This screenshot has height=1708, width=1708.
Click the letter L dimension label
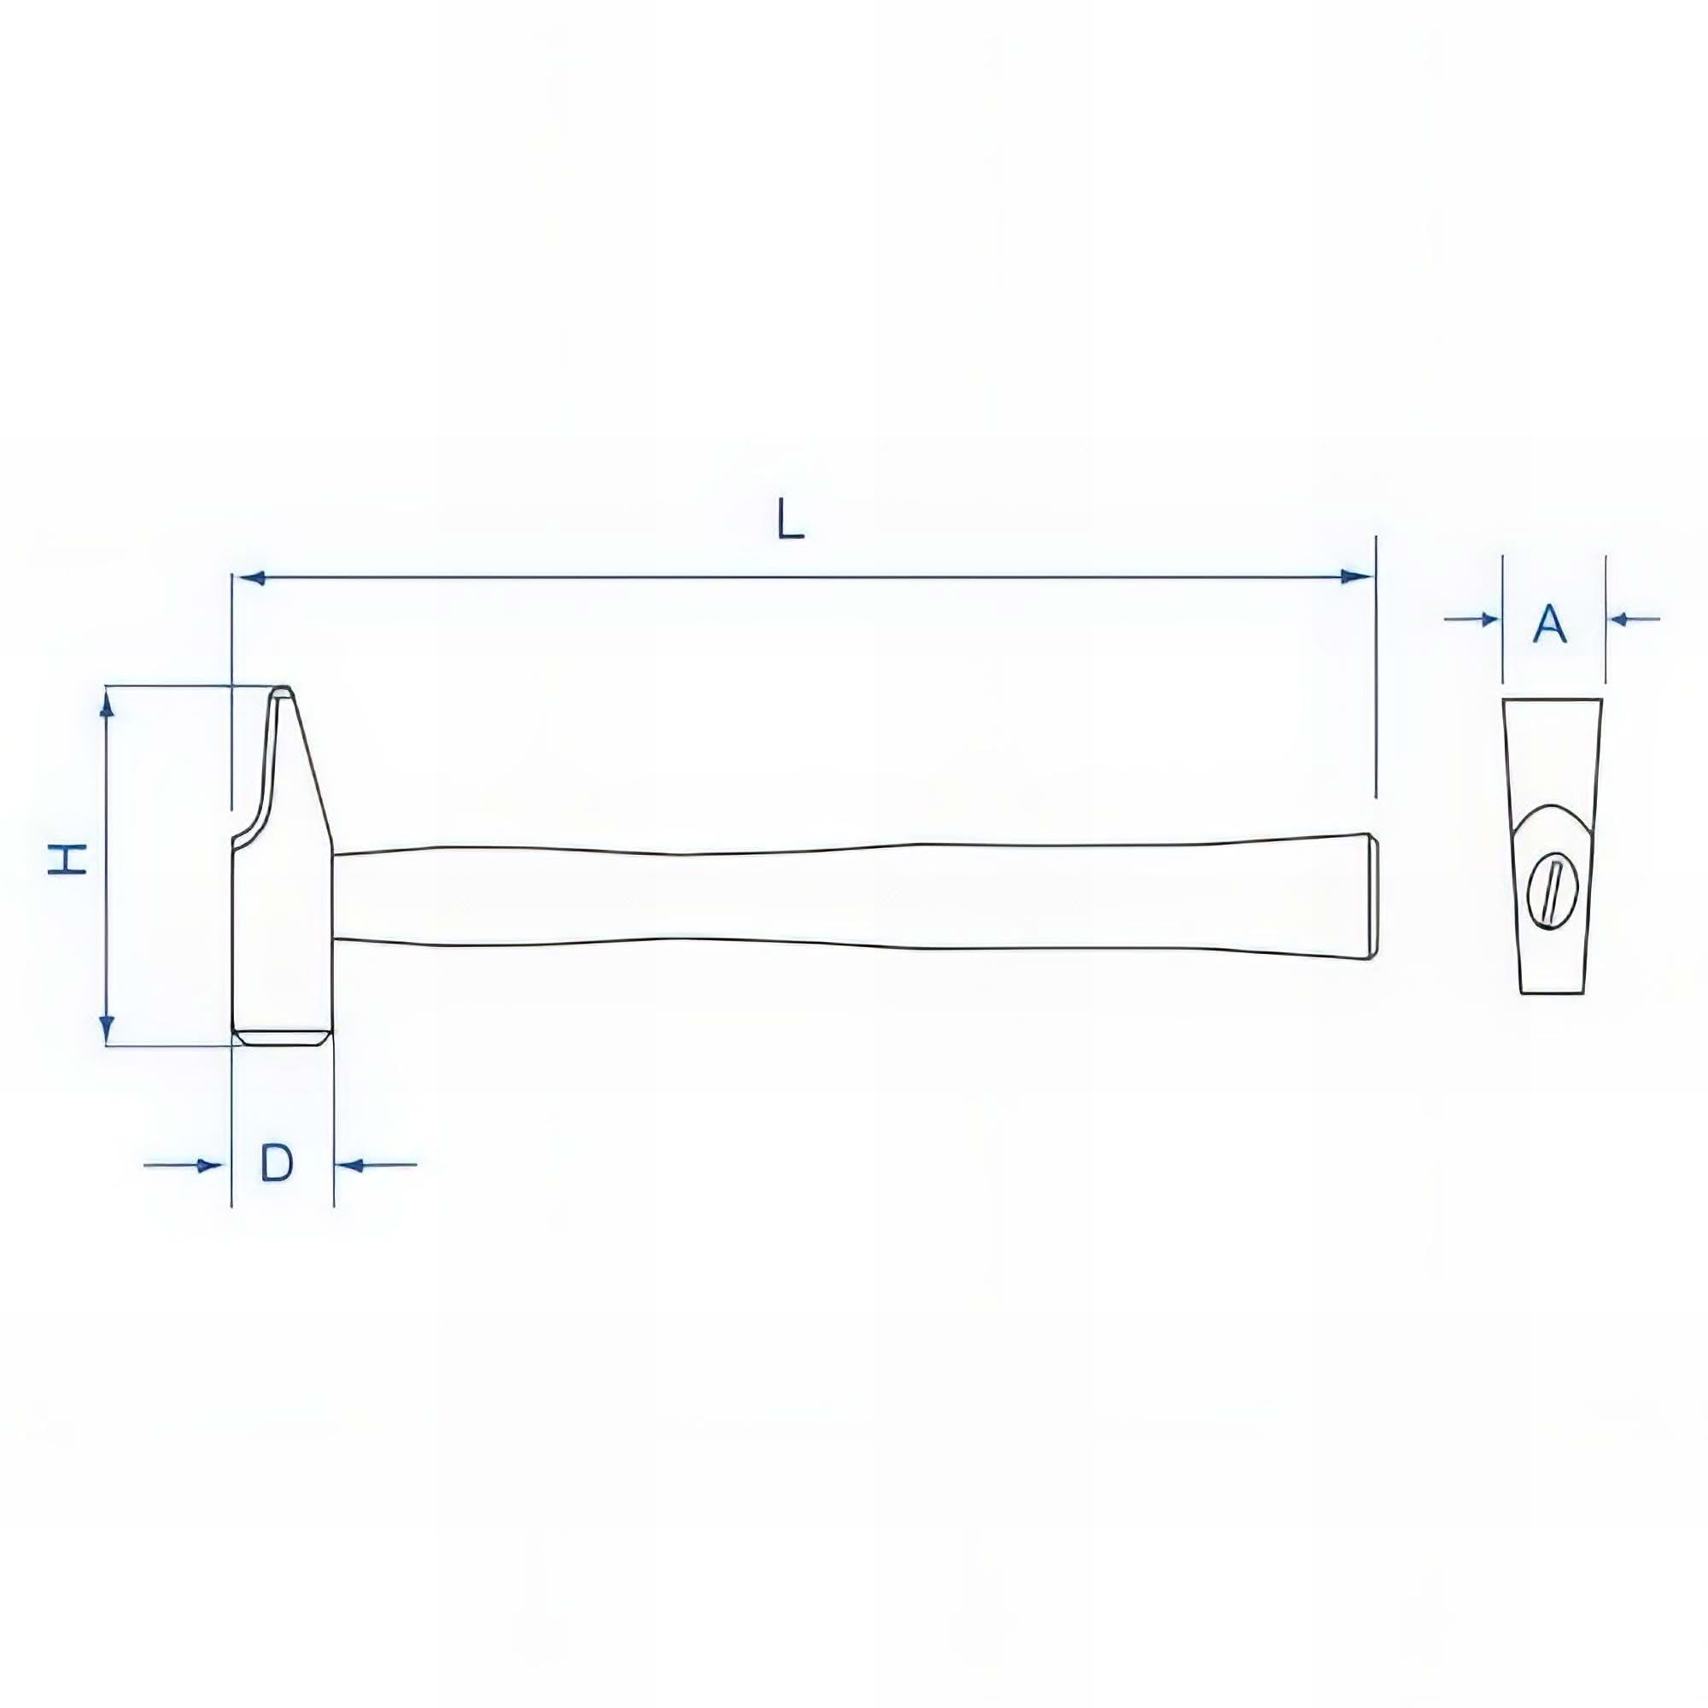pos(789,519)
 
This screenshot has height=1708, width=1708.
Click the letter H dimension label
pos(67,858)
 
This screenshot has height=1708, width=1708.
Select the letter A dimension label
pos(1550,624)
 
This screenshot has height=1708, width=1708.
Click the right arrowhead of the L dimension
pos(1355,577)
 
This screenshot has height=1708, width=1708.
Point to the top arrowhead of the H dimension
pos(107,704)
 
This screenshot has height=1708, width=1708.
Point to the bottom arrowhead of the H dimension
pos(107,1028)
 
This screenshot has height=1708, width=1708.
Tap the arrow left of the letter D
pos(182,1165)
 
